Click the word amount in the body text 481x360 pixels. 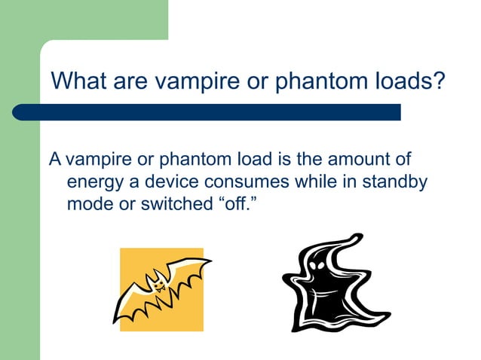tap(353, 160)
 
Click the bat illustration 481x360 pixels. tap(161, 289)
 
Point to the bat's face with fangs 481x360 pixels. tap(158, 283)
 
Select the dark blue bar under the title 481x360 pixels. tap(207, 112)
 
